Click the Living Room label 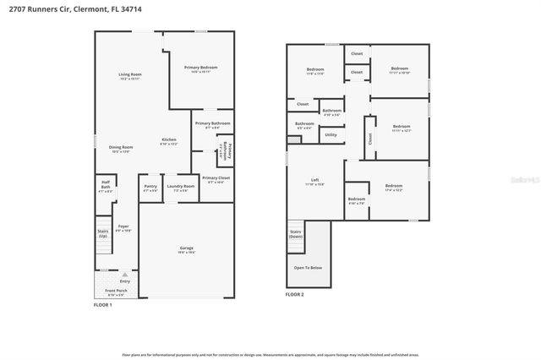pos(129,74)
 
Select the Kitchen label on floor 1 pos(169,139)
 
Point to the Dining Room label pos(121,147)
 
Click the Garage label pos(187,248)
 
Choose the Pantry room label pos(150,186)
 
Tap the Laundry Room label pos(180,186)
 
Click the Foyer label pos(123,226)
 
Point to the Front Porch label pos(116,291)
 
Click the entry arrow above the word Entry pos(124,274)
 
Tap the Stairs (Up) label pos(103,232)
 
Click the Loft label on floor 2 pos(314,180)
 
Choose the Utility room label pos(331,134)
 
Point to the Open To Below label pos(308,267)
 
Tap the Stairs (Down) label pos(296,233)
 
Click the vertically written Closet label pos(369,137)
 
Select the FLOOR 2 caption pos(294,295)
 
